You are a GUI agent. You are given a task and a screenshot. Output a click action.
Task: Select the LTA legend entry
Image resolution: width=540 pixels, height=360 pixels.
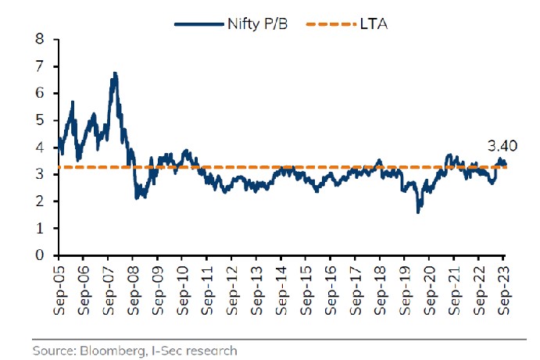tap(364, 24)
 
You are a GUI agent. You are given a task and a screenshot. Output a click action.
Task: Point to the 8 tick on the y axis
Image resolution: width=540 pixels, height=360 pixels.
tap(39, 39)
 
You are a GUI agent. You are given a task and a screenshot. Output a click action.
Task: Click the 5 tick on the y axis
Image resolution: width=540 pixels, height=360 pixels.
tap(39, 120)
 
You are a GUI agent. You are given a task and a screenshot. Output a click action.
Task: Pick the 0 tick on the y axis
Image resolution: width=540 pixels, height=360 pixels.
tap(39, 255)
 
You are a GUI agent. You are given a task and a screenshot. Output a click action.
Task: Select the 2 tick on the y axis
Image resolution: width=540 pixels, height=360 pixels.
tap(39, 201)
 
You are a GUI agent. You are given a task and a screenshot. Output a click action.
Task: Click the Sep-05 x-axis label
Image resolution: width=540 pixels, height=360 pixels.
tap(59, 288)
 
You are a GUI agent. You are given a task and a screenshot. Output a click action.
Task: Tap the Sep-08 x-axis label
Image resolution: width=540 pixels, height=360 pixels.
tap(133, 288)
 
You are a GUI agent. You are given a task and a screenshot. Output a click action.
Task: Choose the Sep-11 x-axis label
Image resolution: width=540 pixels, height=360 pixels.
tap(207, 288)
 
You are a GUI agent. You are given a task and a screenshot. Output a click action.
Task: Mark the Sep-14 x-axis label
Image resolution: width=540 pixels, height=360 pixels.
tap(281, 288)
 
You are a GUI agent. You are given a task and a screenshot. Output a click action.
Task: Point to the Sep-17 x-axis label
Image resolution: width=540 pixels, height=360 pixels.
tap(356, 288)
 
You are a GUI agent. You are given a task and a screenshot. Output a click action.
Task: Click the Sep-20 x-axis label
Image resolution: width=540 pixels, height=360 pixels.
tap(430, 288)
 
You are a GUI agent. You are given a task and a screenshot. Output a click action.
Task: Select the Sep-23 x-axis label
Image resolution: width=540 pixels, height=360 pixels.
tap(504, 288)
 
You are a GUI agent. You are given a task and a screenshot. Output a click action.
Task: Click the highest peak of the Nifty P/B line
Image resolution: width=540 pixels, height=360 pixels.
tap(115, 73)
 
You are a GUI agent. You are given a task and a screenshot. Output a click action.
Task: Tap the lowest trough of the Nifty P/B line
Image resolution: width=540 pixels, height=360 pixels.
tap(418, 212)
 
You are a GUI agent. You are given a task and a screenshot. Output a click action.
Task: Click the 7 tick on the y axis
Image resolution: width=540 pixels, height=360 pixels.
tap(39, 66)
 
